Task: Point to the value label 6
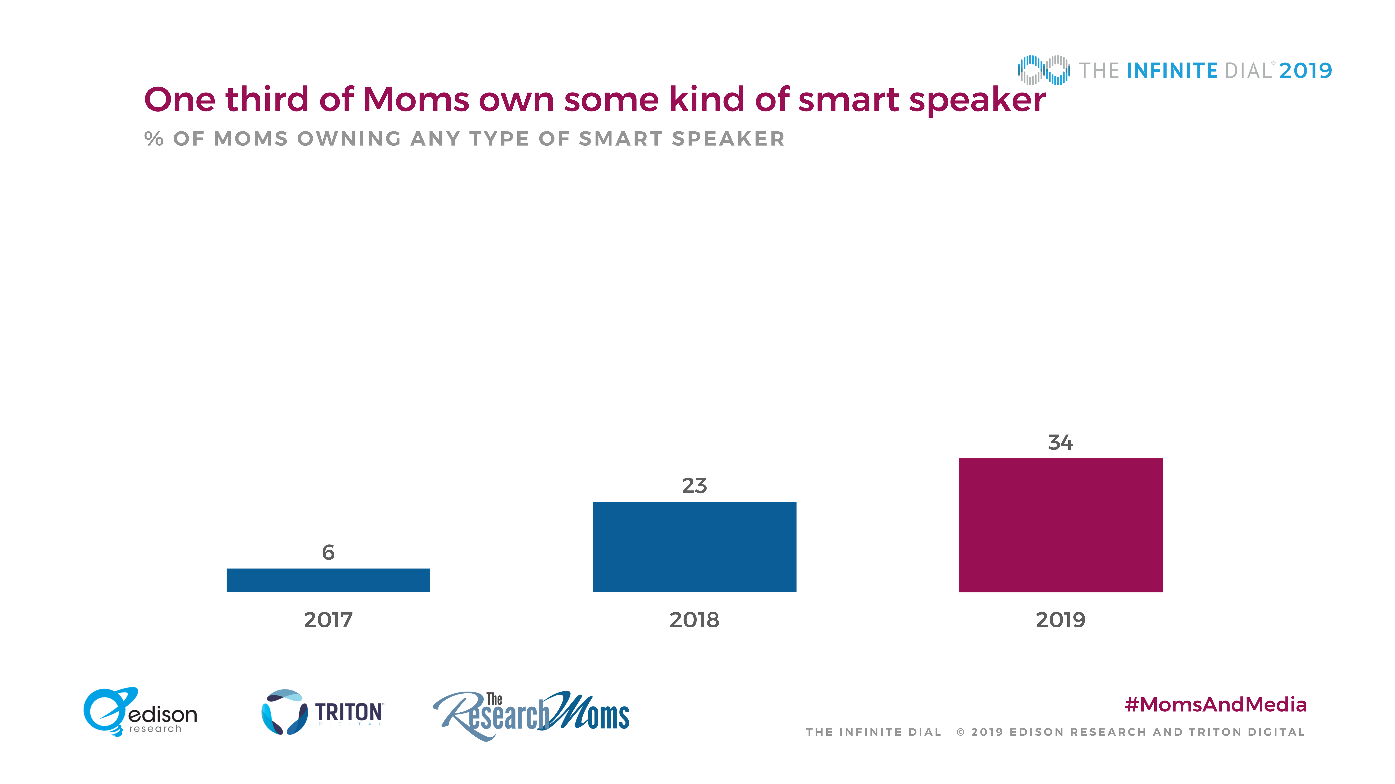328,552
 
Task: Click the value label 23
694,486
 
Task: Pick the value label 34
1060,443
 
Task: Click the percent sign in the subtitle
154,139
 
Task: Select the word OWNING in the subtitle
349,139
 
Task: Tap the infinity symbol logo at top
1043,70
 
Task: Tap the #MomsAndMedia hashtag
1216,704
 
